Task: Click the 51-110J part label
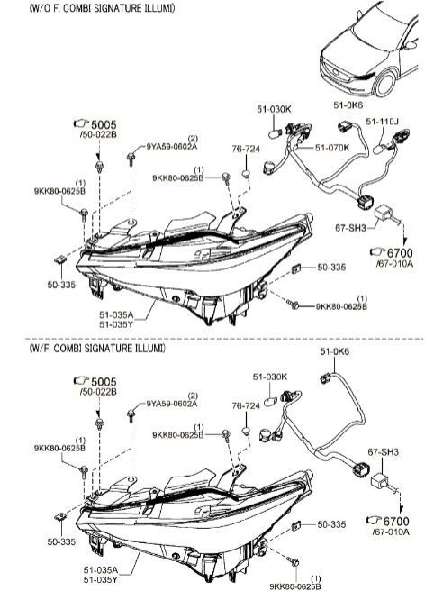382,122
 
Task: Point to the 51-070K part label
332,148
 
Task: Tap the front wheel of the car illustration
384,83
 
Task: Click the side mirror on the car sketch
411,45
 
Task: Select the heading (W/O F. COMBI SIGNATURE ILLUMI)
102,8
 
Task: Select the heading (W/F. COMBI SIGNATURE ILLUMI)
97,349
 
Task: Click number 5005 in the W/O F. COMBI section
104,124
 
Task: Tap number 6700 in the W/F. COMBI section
396,522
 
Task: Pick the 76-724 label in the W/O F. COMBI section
246,149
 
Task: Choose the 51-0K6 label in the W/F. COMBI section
335,351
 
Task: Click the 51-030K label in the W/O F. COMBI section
274,109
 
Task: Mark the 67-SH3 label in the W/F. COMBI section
383,451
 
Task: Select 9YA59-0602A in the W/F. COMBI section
171,405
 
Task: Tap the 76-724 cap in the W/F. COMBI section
246,430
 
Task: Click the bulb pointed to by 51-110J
379,150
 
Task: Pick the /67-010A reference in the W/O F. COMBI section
394,264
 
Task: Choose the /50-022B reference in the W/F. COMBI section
98,392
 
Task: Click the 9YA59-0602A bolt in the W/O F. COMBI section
131,158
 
